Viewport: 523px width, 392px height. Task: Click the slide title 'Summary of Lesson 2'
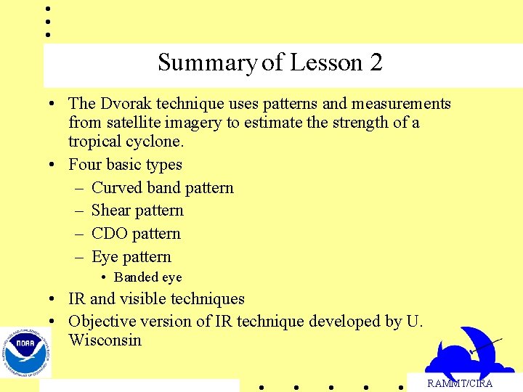269,63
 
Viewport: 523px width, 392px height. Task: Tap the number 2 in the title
376,63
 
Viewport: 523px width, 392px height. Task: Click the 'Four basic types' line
125,165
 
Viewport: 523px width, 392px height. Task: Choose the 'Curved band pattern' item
162,188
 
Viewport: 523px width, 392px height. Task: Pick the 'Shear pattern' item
137,211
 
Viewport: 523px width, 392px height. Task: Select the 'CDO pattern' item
136,234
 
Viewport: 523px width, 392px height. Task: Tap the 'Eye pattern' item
131,257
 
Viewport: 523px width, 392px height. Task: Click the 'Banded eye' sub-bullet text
147,277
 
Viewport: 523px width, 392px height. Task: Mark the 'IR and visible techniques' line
156,299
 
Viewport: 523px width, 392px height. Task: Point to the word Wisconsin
105,340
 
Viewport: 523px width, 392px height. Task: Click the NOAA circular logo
25,352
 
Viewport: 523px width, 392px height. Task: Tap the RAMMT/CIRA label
459,383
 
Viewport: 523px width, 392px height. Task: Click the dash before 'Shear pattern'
78,211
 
